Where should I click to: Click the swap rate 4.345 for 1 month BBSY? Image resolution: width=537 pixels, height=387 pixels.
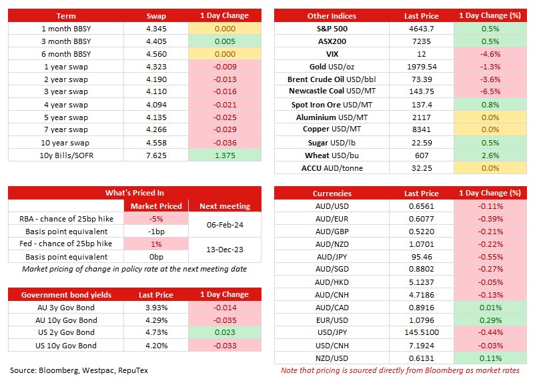tap(156, 29)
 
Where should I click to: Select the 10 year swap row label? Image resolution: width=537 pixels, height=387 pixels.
tap(65, 143)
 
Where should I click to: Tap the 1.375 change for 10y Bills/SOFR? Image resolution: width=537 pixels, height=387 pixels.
tap(225, 155)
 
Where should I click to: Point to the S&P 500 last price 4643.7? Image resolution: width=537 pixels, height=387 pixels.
tap(421, 29)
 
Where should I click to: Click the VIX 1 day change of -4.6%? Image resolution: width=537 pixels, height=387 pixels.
tap(490, 54)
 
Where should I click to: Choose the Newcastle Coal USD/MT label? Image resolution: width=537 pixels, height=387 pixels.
tap(332, 91)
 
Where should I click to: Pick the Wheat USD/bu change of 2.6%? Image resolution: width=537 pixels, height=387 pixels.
tap(490, 155)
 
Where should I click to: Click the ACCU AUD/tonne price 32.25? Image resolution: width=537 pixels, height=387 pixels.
tap(422, 168)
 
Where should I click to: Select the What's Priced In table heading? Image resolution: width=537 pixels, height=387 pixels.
tap(135, 193)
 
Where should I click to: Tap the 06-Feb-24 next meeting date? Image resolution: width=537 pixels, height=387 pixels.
tap(225, 225)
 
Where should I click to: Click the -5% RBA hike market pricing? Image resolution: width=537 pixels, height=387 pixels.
tap(156, 219)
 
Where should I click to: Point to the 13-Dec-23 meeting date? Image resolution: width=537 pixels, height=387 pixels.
tap(225, 250)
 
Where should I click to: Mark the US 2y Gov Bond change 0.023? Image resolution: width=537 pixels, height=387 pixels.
tap(225, 332)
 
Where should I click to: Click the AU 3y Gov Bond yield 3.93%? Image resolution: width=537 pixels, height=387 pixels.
tap(157, 308)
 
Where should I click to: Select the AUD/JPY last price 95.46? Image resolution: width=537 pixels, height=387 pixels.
tap(422, 257)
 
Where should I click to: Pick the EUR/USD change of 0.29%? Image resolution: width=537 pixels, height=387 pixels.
tap(490, 320)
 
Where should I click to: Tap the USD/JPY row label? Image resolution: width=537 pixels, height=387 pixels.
tap(332, 332)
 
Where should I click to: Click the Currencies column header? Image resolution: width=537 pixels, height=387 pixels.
tap(332, 193)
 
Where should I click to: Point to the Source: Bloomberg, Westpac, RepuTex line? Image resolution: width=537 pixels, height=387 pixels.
tap(79, 370)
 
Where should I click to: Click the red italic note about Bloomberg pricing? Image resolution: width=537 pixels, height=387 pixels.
tap(400, 370)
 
